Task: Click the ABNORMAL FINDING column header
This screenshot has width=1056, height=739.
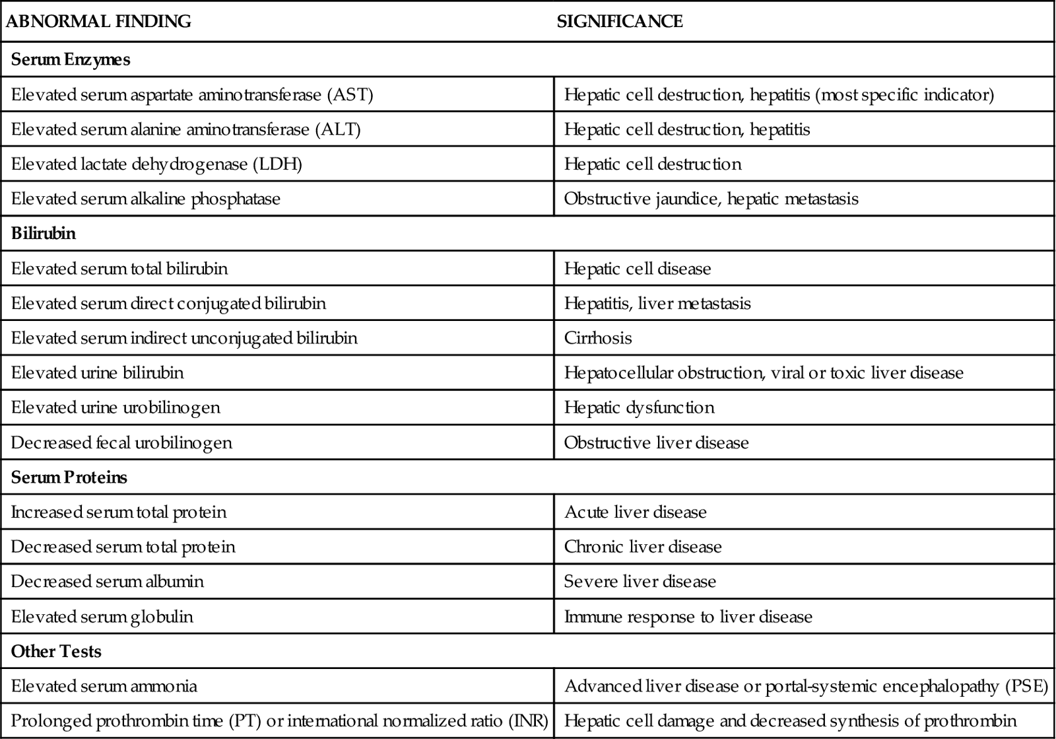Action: tap(98, 22)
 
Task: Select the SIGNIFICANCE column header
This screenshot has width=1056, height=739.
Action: tap(620, 22)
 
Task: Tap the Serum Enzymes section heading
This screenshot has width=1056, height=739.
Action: tap(71, 59)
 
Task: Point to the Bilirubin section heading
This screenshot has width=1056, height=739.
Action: tap(44, 234)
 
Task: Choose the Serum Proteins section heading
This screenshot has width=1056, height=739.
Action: tap(69, 477)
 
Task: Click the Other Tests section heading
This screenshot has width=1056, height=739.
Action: tap(56, 652)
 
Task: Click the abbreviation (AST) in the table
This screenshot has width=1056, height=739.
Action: tap(350, 94)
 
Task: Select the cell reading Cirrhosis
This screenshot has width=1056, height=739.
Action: tap(598, 338)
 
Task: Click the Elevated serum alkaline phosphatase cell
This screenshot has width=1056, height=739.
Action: tap(146, 199)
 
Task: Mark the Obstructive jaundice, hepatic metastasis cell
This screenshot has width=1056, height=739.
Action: tap(711, 199)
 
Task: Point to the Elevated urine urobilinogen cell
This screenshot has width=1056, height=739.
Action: tap(115, 407)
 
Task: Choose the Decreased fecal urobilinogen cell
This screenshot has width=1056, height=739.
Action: tap(121, 442)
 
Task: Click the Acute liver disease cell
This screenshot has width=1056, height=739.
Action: tap(635, 512)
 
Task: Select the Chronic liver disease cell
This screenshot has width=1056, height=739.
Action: tap(643, 547)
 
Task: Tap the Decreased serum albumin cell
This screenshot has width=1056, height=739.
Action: tap(108, 582)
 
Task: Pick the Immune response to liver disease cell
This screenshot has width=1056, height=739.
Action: tap(688, 617)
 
